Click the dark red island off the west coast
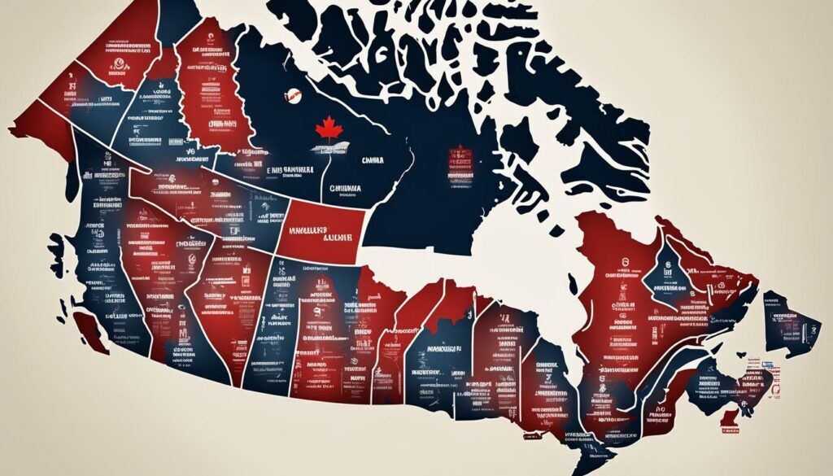[91, 330]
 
